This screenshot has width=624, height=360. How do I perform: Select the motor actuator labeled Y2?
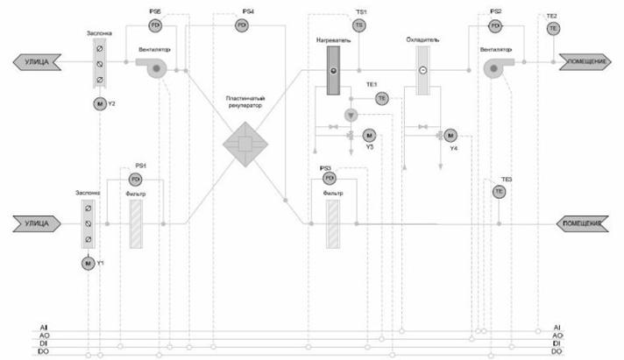(x=98, y=104)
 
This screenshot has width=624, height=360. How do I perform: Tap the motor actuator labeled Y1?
(x=88, y=262)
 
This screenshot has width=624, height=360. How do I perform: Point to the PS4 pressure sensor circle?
(x=242, y=26)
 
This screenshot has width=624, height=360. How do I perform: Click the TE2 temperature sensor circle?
(x=552, y=28)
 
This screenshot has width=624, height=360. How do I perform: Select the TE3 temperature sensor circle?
(x=499, y=191)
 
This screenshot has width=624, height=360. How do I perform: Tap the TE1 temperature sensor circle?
(x=381, y=99)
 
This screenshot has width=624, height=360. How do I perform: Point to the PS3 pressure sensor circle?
(x=330, y=179)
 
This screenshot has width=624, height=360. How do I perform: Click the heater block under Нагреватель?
(x=333, y=70)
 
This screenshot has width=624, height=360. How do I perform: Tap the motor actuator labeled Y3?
(x=368, y=135)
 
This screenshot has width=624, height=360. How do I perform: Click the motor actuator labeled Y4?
(x=450, y=135)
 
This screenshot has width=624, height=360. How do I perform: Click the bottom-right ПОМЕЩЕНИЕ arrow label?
(x=583, y=224)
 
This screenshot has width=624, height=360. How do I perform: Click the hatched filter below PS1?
(x=136, y=224)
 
